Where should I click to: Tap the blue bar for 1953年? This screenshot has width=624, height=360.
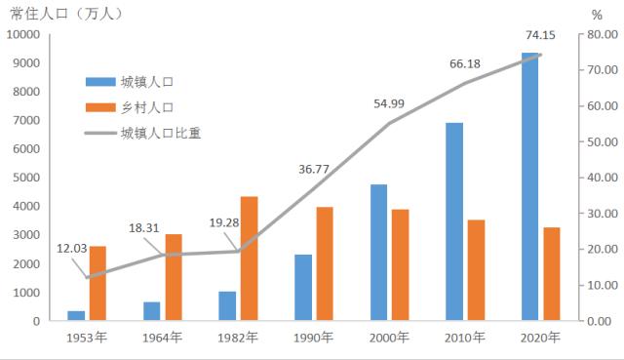click(x=75, y=315)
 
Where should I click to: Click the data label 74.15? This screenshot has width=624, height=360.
click(x=540, y=36)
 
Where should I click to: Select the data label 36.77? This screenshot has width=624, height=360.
click(x=314, y=169)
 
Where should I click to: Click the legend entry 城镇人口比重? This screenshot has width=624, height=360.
click(x=161, y=133)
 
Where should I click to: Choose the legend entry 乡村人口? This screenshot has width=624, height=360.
click(x=147, y=107)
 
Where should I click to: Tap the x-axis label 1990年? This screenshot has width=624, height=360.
click(x=313, y=338)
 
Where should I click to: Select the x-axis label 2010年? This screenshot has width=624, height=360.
click(x=465, y=338)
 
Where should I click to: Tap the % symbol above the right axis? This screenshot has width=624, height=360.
click(x=597, y=15)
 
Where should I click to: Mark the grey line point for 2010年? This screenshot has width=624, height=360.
click(x=466, y=83)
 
